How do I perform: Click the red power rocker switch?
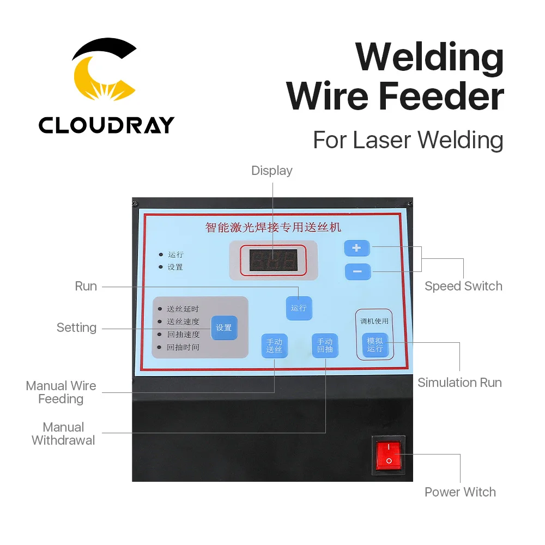[x=389, y=455]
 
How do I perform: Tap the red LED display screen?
[x=273, y=261]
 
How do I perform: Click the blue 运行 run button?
[x=299, y=308]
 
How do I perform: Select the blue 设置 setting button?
[x=223, y=328]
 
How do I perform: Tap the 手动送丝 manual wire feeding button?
[x=274, y=346]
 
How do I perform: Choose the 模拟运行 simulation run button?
[x=375, y=345]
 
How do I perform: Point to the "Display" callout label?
[x=272, y=171]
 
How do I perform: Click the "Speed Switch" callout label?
[x=463, y=286]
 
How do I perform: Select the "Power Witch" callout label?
[x=460, y=492]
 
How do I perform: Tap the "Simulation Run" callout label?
[x=459, y=383]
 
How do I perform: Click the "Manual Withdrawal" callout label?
[x=63, y=433]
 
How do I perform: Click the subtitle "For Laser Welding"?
[x=408, y=141]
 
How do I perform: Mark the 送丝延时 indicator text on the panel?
[x=183, y=310]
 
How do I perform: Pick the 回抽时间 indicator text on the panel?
[x=183, y=347]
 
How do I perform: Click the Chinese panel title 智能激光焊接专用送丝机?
[x=273, y=227]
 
